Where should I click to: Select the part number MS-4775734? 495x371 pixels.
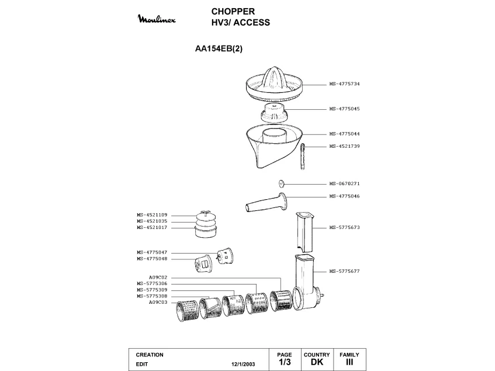344,84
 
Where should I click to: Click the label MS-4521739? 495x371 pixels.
344,146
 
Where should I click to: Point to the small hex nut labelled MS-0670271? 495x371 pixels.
282,183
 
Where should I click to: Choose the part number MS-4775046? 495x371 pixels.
344,196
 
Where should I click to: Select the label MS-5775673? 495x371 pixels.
344,227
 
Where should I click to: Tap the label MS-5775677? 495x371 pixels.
344,271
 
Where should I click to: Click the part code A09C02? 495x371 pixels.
158,278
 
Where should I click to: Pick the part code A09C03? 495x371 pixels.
158,302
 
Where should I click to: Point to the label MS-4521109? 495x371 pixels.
152,215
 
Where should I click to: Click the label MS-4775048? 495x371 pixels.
152,259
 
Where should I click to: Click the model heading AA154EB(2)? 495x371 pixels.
219,49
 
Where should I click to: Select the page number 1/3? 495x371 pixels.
285,363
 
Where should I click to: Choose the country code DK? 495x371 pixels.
317,363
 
